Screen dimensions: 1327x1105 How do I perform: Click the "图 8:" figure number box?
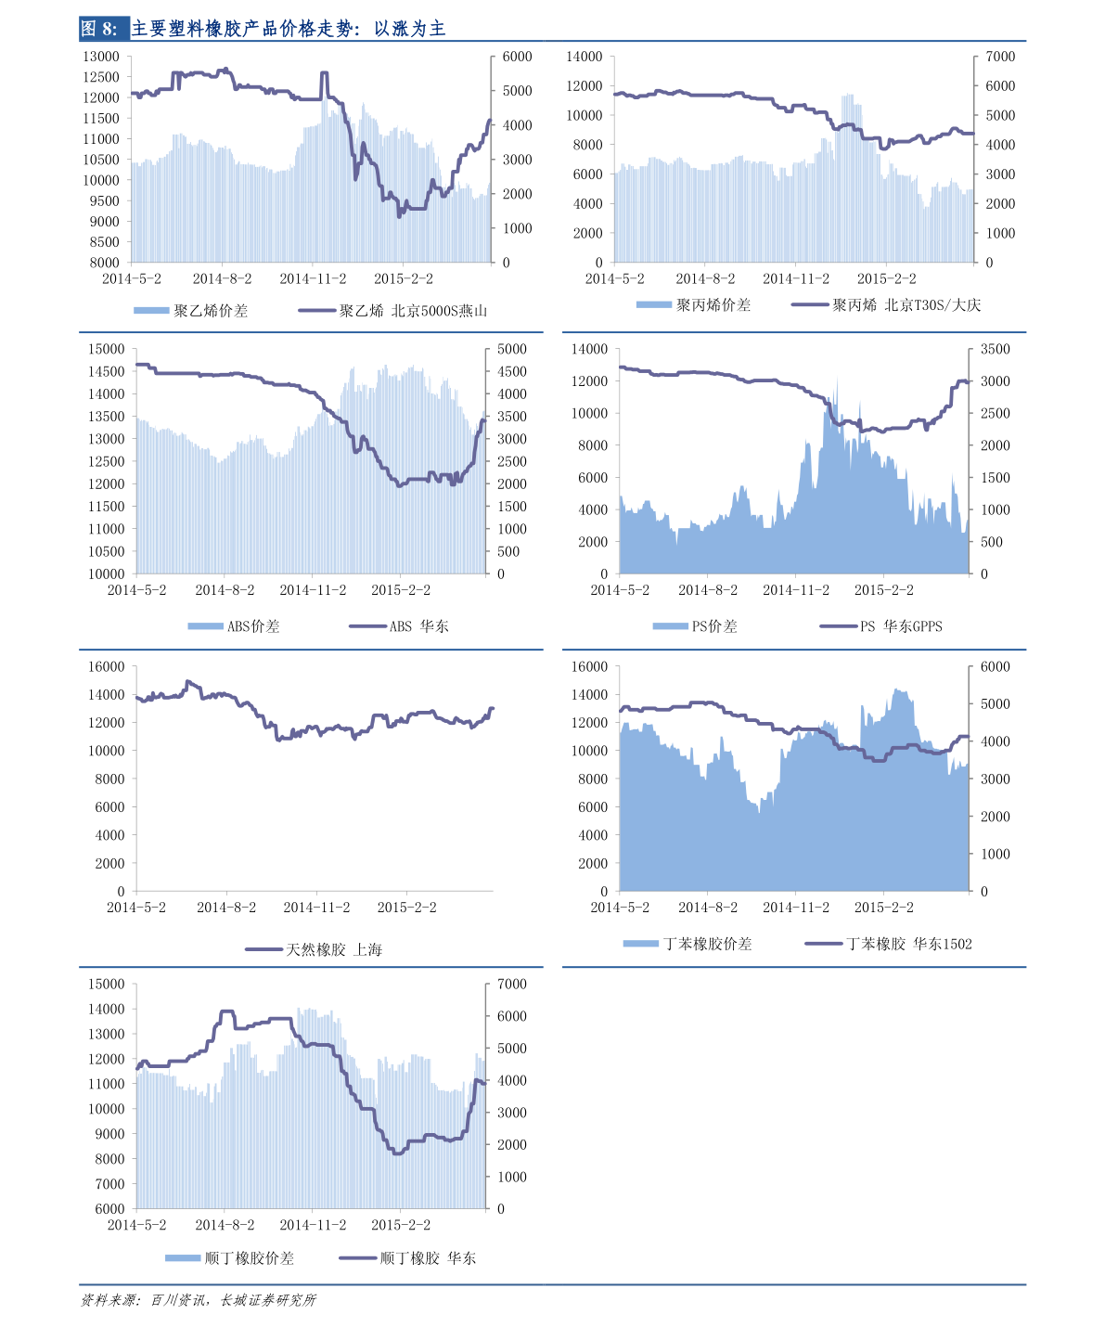pos(101,29)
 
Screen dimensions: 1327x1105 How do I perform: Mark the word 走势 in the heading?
pos(337,29)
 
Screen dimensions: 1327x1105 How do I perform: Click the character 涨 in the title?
pos(400,29)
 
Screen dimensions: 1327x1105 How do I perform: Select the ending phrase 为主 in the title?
pos(428,29)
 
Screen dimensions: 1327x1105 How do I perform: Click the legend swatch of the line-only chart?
pos(263,949)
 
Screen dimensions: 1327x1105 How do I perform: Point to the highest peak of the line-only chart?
pos(188,682)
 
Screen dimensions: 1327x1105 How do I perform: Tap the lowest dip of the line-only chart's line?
pos(278,740)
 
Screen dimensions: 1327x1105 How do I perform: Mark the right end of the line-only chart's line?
pos(493,709)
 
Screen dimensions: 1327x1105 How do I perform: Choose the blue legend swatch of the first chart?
pos(151,310)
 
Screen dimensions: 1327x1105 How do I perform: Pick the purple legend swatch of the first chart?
pos(317,310)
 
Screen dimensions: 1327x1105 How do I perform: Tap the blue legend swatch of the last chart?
pos(183,1258)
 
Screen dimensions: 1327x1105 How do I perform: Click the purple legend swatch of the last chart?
pos(358,1258)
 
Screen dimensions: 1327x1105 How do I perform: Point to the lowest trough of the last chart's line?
pos(397,1153)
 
